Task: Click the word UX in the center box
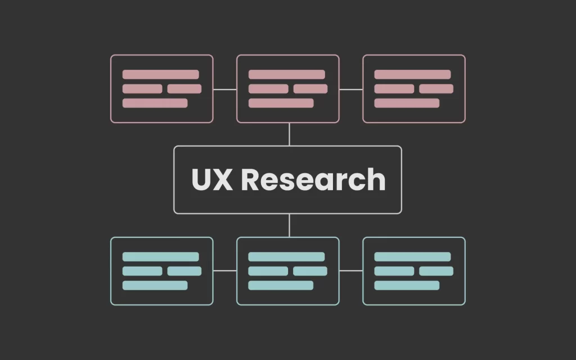point(212,179)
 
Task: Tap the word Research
point(313,179)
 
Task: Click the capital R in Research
point(249,179)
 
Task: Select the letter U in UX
point(201,179)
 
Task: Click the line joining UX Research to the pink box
point(290,134)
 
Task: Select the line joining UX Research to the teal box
point(290,225)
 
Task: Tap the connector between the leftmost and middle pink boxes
point(225,89)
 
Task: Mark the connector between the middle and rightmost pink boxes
point(351,89)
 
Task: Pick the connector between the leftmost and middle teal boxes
point(225,271)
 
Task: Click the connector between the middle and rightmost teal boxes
point(351,271)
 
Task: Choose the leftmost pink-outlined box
point(161,55)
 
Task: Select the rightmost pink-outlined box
point(414,55)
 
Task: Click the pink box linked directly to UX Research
point(288,55)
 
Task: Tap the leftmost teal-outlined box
point(161,238)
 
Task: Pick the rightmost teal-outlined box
point(414,238)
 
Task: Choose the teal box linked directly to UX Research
point(288,238)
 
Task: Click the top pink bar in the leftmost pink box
point(160,75)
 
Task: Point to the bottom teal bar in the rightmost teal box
point(407,285)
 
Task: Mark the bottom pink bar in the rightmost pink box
point(407,103)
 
